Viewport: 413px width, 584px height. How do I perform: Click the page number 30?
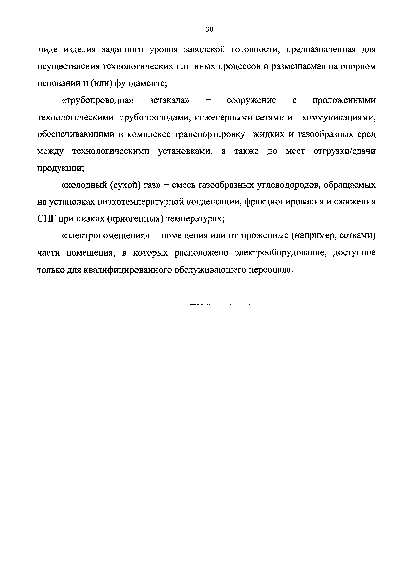[x=209, y=29]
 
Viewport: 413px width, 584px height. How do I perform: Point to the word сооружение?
[x=251, y=100]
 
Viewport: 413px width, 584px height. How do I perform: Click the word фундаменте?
[x=141, y=83]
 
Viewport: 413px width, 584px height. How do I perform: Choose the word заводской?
[x=205, y=50]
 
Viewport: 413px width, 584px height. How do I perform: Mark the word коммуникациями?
[x=338, y=117]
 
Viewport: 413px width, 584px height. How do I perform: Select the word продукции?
[x=61, y=168]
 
